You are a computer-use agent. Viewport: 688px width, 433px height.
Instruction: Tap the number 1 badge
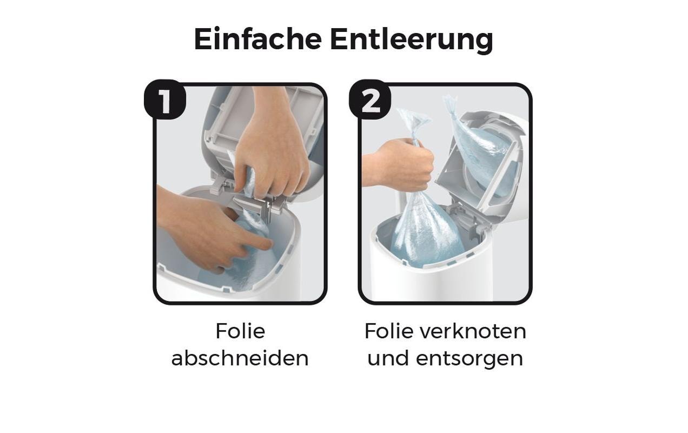164,100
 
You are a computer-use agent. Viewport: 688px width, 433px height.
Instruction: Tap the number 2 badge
370,100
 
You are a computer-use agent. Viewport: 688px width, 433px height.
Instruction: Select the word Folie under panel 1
240,331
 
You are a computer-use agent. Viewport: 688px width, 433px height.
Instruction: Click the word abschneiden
240,357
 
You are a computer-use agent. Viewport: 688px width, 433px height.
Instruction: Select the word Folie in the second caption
389,331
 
